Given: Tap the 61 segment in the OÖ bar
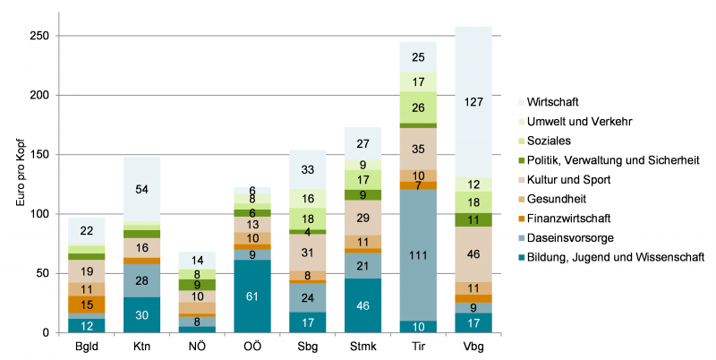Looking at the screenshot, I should [251, 296].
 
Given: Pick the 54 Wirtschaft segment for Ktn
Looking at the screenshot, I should [141, 189].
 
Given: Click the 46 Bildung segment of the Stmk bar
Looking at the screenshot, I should [362, 305].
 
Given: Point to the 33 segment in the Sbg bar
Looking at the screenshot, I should [307, 169].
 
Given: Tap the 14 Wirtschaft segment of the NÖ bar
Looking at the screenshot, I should [196, 260].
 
